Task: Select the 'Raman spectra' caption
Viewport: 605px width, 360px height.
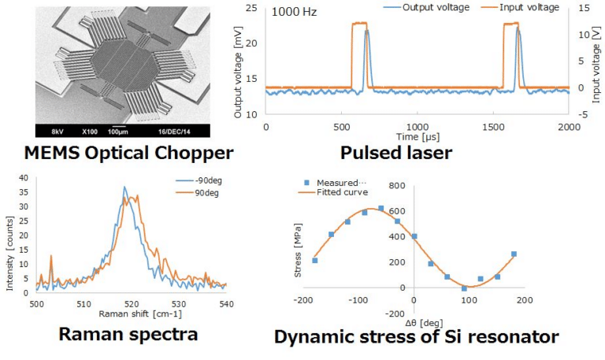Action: (x=128, y=334)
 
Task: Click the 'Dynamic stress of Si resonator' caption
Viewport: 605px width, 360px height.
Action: (x=417, y=337)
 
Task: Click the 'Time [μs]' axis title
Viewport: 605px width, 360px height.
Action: (x=417, y=137)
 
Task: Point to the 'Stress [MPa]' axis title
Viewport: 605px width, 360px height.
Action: (x=299, y=236)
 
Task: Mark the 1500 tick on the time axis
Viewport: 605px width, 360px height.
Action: (x=492, y=127)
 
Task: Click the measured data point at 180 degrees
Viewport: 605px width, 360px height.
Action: (x=514, y=254)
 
